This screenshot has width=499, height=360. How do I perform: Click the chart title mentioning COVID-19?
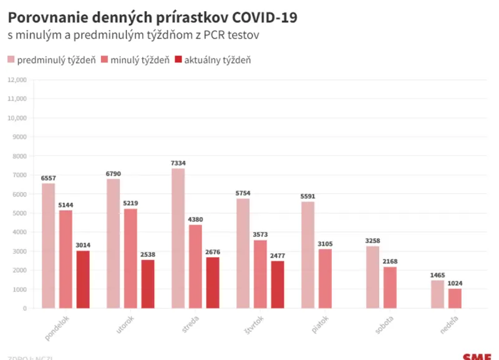click(x=152, y=17)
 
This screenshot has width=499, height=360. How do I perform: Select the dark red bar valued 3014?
click(x=83, y=280)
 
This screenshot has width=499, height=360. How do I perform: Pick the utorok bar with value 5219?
click(x=130, y=258)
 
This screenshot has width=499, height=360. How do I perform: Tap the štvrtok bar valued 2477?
click(x=277, y=285)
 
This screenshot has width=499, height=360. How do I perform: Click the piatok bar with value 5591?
click(x=308, y=255)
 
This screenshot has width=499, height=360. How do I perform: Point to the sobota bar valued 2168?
click(x=390, y=287)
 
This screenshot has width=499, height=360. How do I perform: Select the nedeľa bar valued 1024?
click(x=455, y=298)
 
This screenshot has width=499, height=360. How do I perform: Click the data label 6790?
click(x=114, y=173)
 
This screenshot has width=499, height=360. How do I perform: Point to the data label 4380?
click(x=195, y=220)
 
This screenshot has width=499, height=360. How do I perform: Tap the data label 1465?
click(x=438, y=275)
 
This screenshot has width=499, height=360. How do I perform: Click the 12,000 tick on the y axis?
click(x=17, y=80)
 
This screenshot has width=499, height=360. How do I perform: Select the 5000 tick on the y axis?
click(x=19, y=213)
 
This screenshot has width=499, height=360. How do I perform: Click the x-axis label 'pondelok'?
click(x=58, y=327)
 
